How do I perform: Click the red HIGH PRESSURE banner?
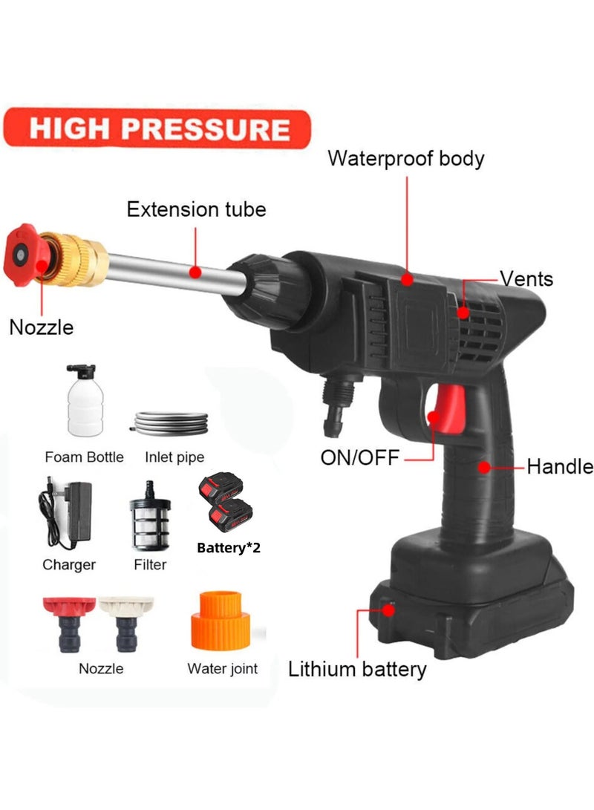tap(157, 128)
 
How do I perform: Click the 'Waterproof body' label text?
tap(405, 158)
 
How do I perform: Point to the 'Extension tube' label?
tap(196, 209)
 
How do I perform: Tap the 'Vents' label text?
tap(526, 279)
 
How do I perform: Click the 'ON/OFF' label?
tap(359, 457)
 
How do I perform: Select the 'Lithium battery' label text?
tap(357, 669)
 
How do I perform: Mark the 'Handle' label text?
tap(559, 467)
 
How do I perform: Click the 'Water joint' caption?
tap(222, 668)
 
